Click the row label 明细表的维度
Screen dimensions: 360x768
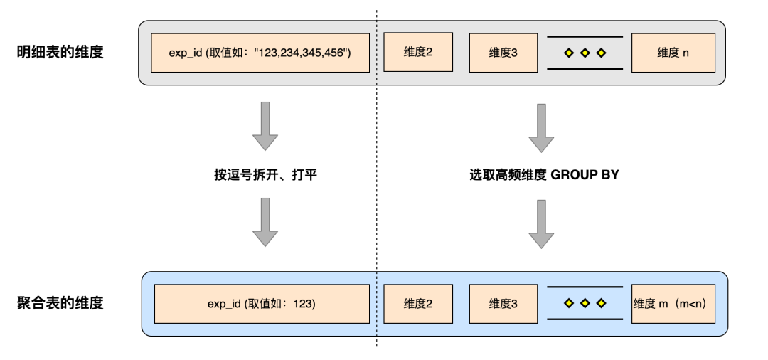pos(60,52)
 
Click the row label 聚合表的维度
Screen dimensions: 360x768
pos(60,303)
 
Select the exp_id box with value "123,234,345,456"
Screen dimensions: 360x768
pos(261,53)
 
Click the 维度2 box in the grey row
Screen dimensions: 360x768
pos(418,53)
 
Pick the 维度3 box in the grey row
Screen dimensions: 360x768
pos(503,53)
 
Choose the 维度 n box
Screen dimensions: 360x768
pos(673,53)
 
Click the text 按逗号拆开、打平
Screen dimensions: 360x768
pos(265,174)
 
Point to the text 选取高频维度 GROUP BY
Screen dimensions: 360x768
pos(540,174)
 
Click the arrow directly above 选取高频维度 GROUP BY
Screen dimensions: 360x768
pos(541,126)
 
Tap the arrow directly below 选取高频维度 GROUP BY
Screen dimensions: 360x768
pos(541,223)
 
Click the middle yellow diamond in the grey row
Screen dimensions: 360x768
pos(585,53)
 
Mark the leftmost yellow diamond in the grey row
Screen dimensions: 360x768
pos(568,53)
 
